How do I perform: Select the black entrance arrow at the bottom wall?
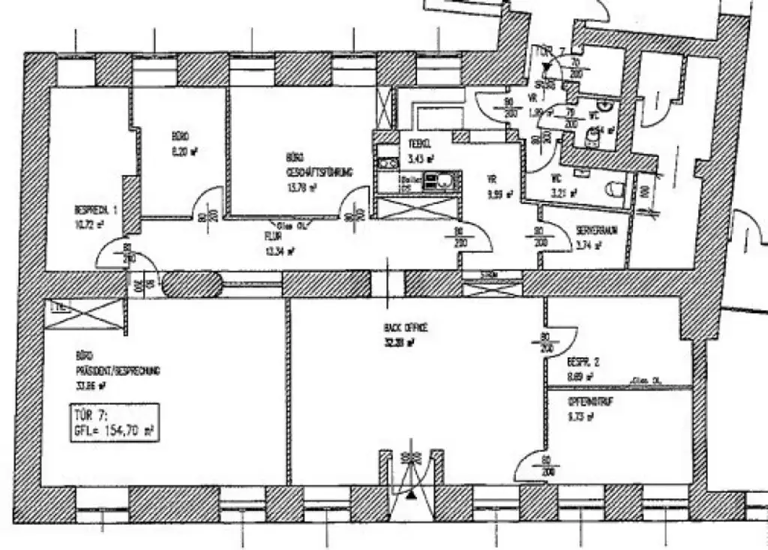pos(410,494)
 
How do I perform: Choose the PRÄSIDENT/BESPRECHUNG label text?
pos(118,371)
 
